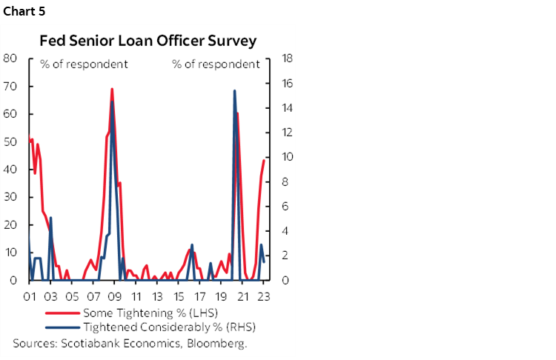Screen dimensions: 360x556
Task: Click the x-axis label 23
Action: click(264, 296)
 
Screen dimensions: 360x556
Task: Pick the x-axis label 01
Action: click(30, 296)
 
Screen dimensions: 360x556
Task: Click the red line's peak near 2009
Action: click(112, 89)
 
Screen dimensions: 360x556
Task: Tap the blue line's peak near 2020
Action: click(234, 91)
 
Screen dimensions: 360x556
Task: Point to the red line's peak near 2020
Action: click(237, 113)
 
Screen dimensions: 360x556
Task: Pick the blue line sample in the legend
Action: click(62, 327)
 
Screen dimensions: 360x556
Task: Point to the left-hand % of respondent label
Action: click(84, 64)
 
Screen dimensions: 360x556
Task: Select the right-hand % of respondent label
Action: click(216, 64)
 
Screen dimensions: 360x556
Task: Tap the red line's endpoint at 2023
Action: click(264, 161)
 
